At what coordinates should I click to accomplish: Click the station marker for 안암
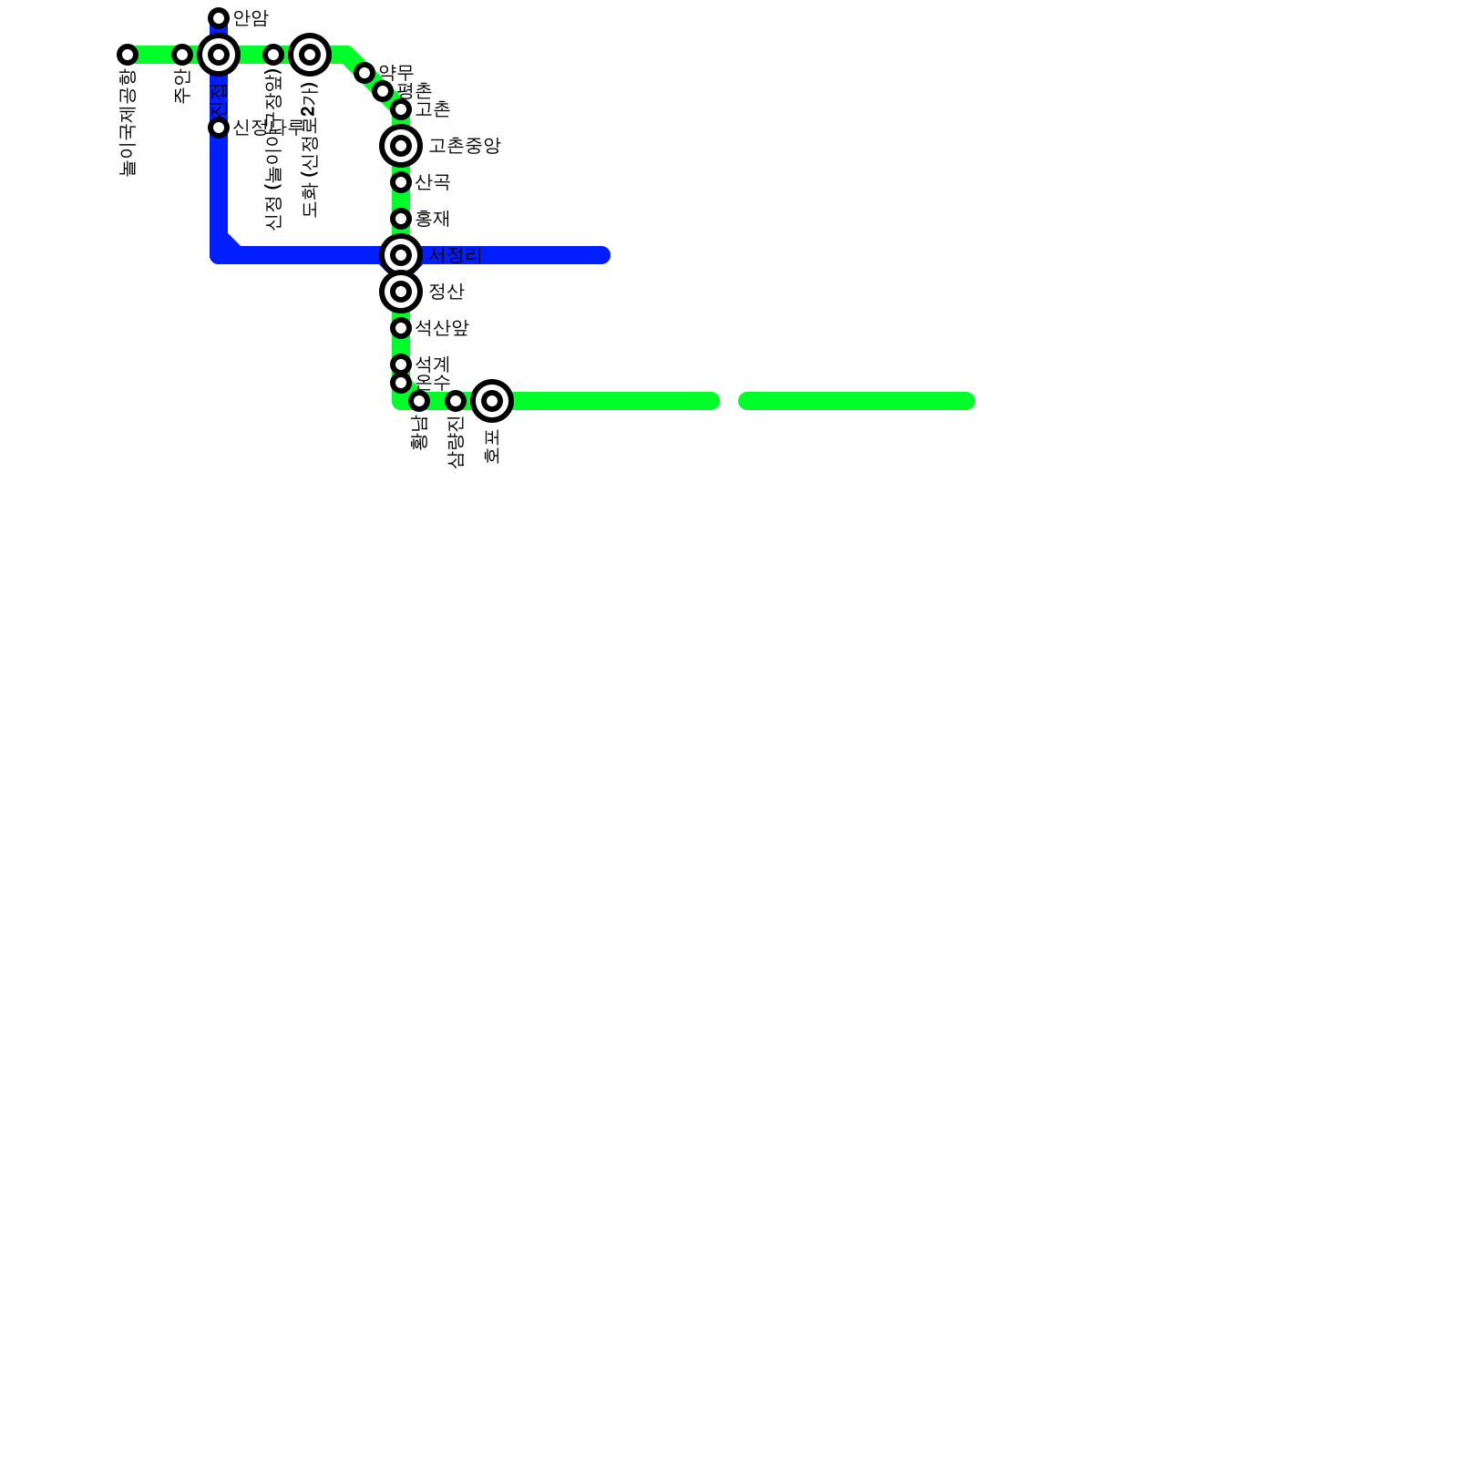pos(219,18)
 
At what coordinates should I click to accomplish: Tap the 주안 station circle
pos(182,55)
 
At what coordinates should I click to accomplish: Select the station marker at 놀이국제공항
pos(128,55)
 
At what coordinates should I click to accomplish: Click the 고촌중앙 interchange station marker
pos(401,146)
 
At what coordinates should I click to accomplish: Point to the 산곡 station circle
pos(401,182)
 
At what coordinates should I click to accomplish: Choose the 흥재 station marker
pos(401,219)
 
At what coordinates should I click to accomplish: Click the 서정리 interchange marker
pos(401,255)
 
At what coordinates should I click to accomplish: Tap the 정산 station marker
pos(401,292)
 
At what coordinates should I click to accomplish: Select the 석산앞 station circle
pos(401,328)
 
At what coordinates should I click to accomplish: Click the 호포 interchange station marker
pos(492,401)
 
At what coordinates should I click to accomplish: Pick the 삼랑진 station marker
pos(456,401)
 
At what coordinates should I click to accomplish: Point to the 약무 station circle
pos(364,73)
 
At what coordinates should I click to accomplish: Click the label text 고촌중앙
pos(465,146)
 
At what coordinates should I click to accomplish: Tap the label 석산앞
pos(442,328)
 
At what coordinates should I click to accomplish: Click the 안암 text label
pos(251,18)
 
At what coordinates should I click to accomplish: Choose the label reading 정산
pos(447,292)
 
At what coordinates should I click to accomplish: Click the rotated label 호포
pos(492,446)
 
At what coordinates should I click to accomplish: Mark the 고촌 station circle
pos(401,110)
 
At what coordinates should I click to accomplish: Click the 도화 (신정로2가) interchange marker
pos(310,55)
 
